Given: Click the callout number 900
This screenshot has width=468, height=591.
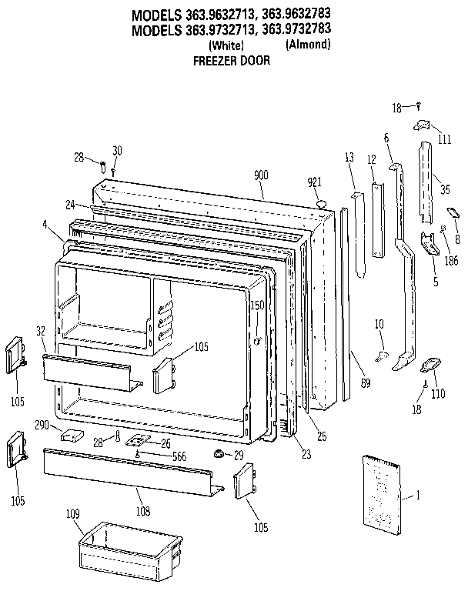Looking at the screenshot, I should click(x=261, y=175).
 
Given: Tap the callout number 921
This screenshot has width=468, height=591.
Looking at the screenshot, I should click(x=314, y=182).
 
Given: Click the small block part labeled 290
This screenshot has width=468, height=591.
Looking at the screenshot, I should click(x=72, y=435).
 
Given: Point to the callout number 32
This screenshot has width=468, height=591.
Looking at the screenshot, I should click(x=40, y=330).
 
